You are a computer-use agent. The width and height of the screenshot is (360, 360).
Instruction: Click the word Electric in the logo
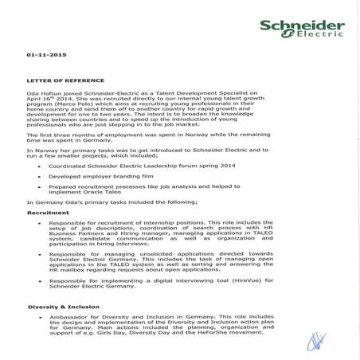click(311, 33)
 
